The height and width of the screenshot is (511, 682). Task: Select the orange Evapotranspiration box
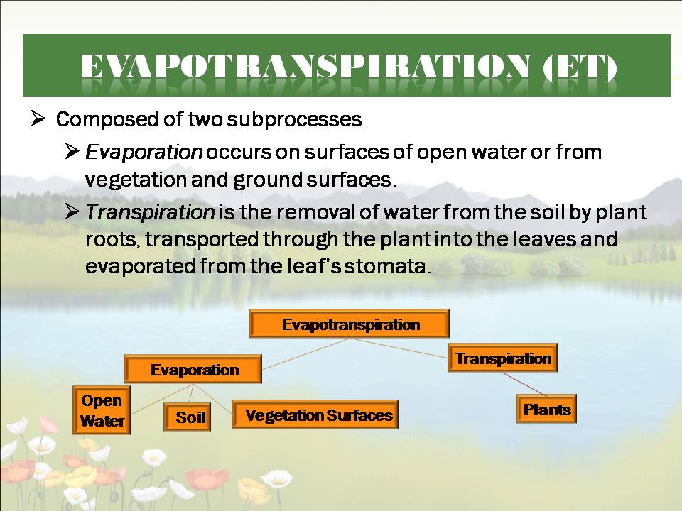(x=349, y=324)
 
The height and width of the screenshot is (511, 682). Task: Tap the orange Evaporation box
(x=193, y=369)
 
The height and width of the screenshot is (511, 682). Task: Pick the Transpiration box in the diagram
(x=502, y=358)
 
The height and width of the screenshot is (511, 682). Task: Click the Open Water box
(x=102, y=410)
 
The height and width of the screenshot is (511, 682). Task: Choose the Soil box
(x=187, y=417)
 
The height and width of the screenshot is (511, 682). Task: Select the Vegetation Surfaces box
(x=315, y=414)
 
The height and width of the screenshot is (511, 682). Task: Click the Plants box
(x=546, y=409)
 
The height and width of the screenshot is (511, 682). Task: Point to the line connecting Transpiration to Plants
(x=524, y=384)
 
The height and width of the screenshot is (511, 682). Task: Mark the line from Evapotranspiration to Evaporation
(x=306, y=353)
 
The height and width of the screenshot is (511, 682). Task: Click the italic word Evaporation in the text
(x=144, y=152)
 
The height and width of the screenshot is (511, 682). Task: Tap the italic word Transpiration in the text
(x=150, y=212)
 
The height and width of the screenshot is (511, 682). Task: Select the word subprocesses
(x=294, y=120)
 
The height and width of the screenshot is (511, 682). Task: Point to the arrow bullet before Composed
(x=38, y=119)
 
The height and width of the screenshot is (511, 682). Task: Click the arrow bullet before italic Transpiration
(x=72, y=211)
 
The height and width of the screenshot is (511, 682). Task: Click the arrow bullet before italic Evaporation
(x=72, y=151)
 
